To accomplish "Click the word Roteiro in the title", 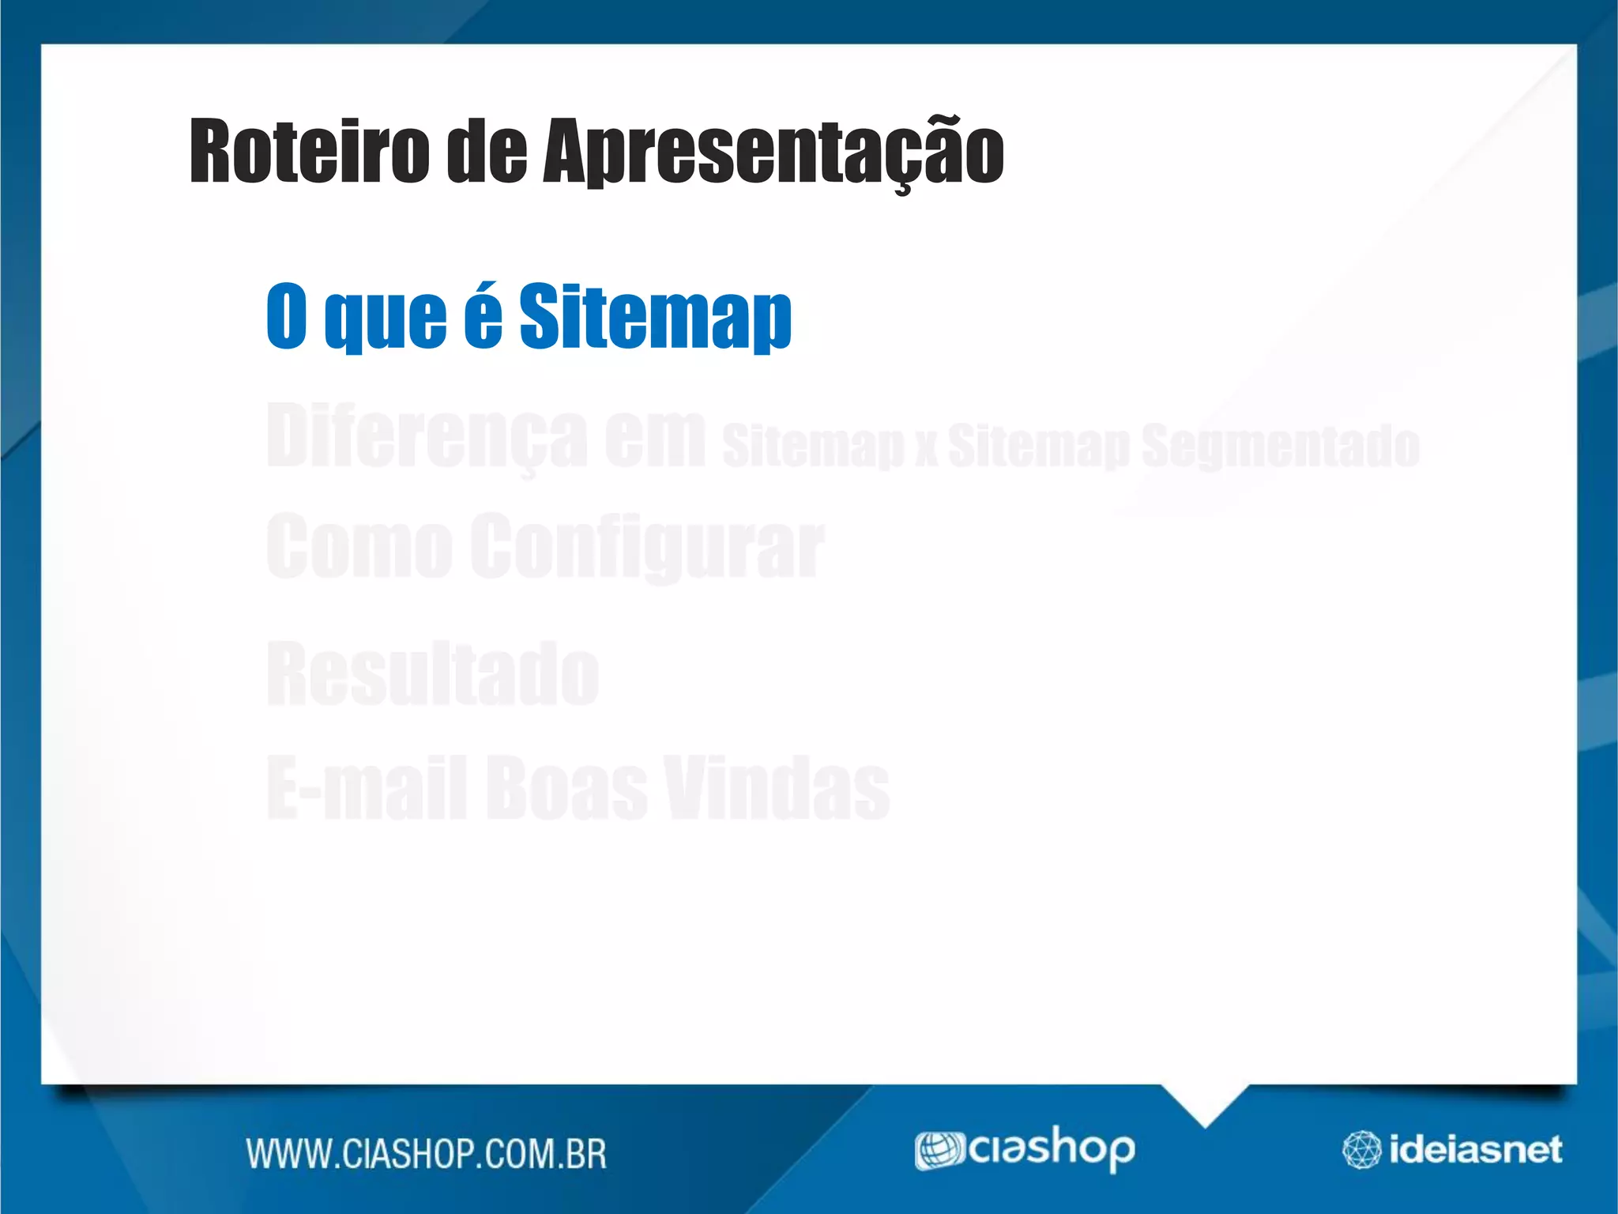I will pyautogui.click(x=309, y=150).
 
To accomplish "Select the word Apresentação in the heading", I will pyautogui.click(x=773, y=152).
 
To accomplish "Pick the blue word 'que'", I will pyautogui.click(x=386, y=319).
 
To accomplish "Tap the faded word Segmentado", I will pyautogui.click(x=1280, y=445).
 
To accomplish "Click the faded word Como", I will pyautogui.click(x=359, y=545).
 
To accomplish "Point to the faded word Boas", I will pyautogui.click(x=566, y=787).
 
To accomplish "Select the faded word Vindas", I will pyautogui.click(x=777, y=787).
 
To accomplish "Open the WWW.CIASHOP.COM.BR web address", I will pyautogui.click(x=427, y=1153).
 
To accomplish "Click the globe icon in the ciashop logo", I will pyautogui.click(x=939, y=1150).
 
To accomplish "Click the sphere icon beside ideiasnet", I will pyautogui.click(x=1361, y=1150).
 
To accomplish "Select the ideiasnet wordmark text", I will pyautogui.click(x=1475, y=1150).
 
